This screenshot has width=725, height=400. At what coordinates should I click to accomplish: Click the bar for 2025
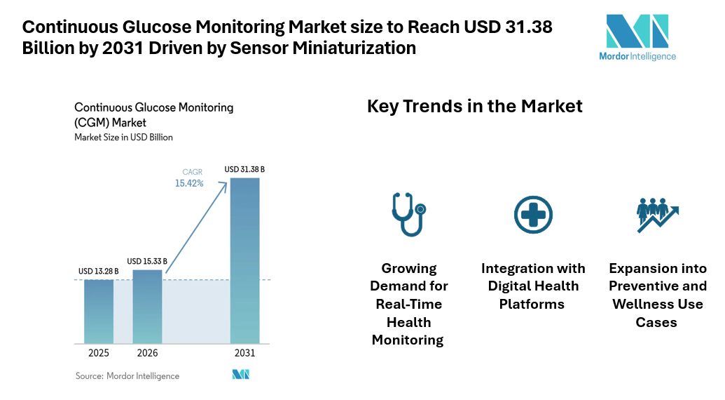pyautogui.click(x=99, y=312)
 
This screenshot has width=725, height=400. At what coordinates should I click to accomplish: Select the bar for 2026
pyautogui.click(x=147, y=307)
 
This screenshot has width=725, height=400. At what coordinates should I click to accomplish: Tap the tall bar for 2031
pyautogui.click(x=244, y=260)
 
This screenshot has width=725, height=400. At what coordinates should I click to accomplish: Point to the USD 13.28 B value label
pyautogui.click(x=99, y=271)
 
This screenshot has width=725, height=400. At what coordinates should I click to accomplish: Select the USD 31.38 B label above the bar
pyautogui.click(x=244, y=169)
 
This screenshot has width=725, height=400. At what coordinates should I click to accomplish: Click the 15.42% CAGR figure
pyautogui.click(x=189, y=183)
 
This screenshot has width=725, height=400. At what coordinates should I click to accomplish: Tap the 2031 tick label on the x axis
pyautogui.click(x=244, y=353)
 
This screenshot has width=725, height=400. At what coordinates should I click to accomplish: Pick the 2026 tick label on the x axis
pyautogui.click(x=147, y=353)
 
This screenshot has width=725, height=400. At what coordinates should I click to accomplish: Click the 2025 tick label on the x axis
pyautogui.click(x=99, y=353)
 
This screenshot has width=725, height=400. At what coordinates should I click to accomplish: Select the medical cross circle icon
pyautogui.click(x=533, y=214)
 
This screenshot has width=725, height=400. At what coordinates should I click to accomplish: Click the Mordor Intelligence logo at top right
pyautogui.click(x=637, y=37)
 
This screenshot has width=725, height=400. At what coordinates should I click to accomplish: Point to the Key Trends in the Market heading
pyautogui.click(x=474, y=106)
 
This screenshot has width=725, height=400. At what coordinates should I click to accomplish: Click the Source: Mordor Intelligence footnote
pyautogui.click(x=127, y=376)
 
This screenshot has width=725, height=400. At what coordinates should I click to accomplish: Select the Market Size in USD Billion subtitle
pyautogui.click(x=123, y=138)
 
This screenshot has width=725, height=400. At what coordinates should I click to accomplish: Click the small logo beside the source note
pyautogui.click(x=241, y=375)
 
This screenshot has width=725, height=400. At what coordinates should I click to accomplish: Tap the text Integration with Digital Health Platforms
pyautogui.click(x=533, y=286)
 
